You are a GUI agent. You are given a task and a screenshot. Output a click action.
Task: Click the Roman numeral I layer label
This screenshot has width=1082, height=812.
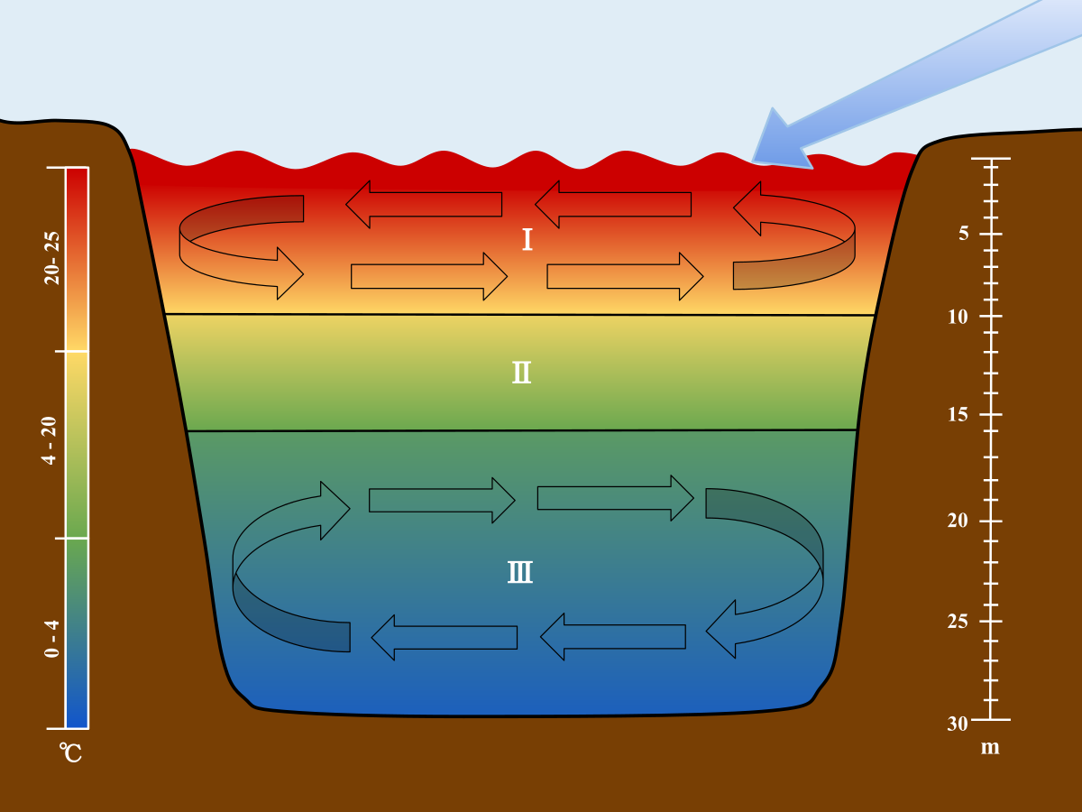(527, 240)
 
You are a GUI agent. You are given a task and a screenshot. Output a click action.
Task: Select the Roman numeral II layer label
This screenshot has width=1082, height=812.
(521, 372)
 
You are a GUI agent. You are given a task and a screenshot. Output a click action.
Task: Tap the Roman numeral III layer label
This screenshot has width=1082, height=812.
(520, 572)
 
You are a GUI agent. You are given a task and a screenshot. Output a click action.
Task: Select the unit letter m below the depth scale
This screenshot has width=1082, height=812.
(990, 748)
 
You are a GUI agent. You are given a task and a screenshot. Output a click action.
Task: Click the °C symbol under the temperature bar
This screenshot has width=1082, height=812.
(70, 752)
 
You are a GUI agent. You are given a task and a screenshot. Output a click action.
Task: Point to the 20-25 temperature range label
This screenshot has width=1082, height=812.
(52, 257)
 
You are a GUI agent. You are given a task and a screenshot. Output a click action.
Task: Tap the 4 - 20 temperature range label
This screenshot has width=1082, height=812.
(52, 440)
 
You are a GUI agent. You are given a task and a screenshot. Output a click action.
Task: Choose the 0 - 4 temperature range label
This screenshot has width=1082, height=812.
(52, 639)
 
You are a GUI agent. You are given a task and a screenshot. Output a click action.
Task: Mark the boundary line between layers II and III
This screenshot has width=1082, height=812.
(521, 430)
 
